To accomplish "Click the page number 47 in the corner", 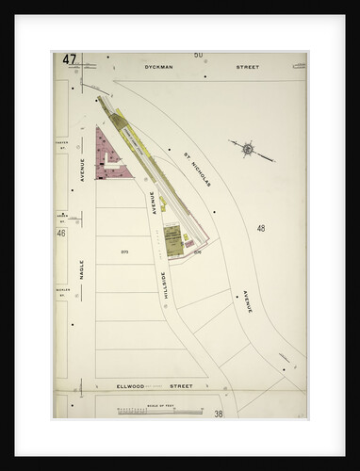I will (70, 59).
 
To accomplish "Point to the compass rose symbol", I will (247, 148).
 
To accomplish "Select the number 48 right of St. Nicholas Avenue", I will (260, 227).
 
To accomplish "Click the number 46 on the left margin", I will (60, 233).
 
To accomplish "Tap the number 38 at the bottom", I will (218, 414).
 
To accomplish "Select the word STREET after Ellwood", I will (180, 385).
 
